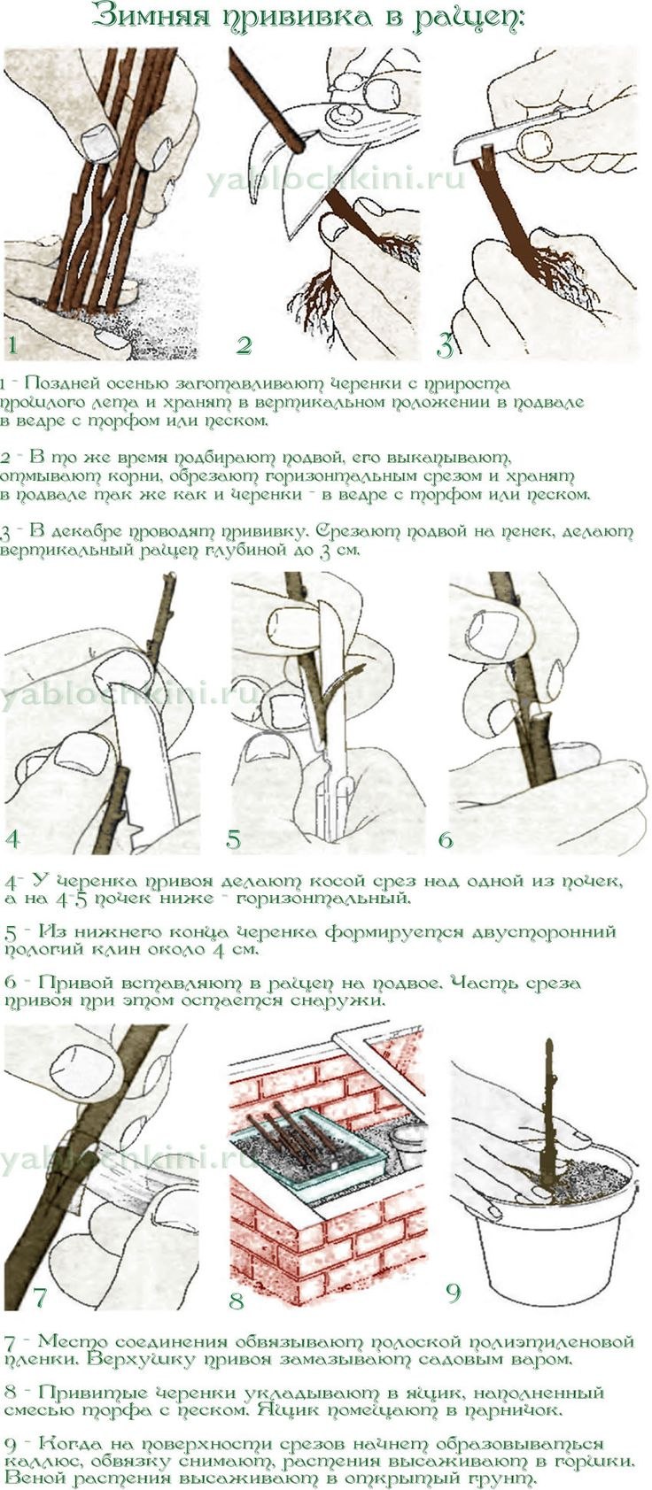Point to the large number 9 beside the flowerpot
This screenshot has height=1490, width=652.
pos(453,1293)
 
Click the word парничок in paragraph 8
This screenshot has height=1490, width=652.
pos(512,1410)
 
